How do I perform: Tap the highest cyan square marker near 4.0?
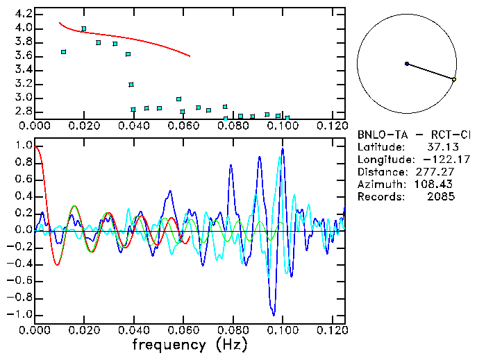click(84, 29)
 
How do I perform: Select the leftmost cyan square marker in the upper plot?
click(64, 52)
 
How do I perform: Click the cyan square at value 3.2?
click(131, 85)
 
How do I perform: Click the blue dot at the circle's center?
click(407, 64)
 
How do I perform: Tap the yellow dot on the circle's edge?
click(454, 80)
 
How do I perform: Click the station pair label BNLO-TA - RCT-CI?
click(414, 135)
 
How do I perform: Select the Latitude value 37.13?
click(441, 147)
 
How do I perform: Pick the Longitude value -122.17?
click(437, 160)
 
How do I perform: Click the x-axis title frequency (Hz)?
click(190, 345)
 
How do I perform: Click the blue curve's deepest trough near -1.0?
click(274, 315)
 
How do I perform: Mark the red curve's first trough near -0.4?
click(57, 264)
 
